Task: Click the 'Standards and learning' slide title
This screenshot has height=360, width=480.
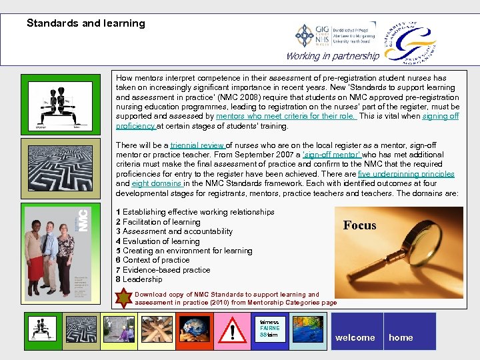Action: pyautogui.click(x=85, y=23)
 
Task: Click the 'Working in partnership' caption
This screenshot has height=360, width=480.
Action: pyautogui.click(x=333, y=56)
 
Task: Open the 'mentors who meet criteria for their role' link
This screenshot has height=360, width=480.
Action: pyautogui.click(x=286, y=116)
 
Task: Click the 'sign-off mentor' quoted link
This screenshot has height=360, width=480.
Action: pyautogui.click(x=332, y=155)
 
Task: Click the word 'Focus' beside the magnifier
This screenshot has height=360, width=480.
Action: pyautogui.click(x=360, y=225)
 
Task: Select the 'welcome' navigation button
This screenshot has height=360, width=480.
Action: pyautogui.click(x=355, y=337)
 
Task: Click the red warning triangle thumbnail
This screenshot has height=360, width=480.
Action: pyautogui.click(x=232, y=331)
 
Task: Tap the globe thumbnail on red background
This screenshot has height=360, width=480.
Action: pyautogui.click(x=195, y=331)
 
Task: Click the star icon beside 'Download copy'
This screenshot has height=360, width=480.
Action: pyautogui.click(x=123, y=298)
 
